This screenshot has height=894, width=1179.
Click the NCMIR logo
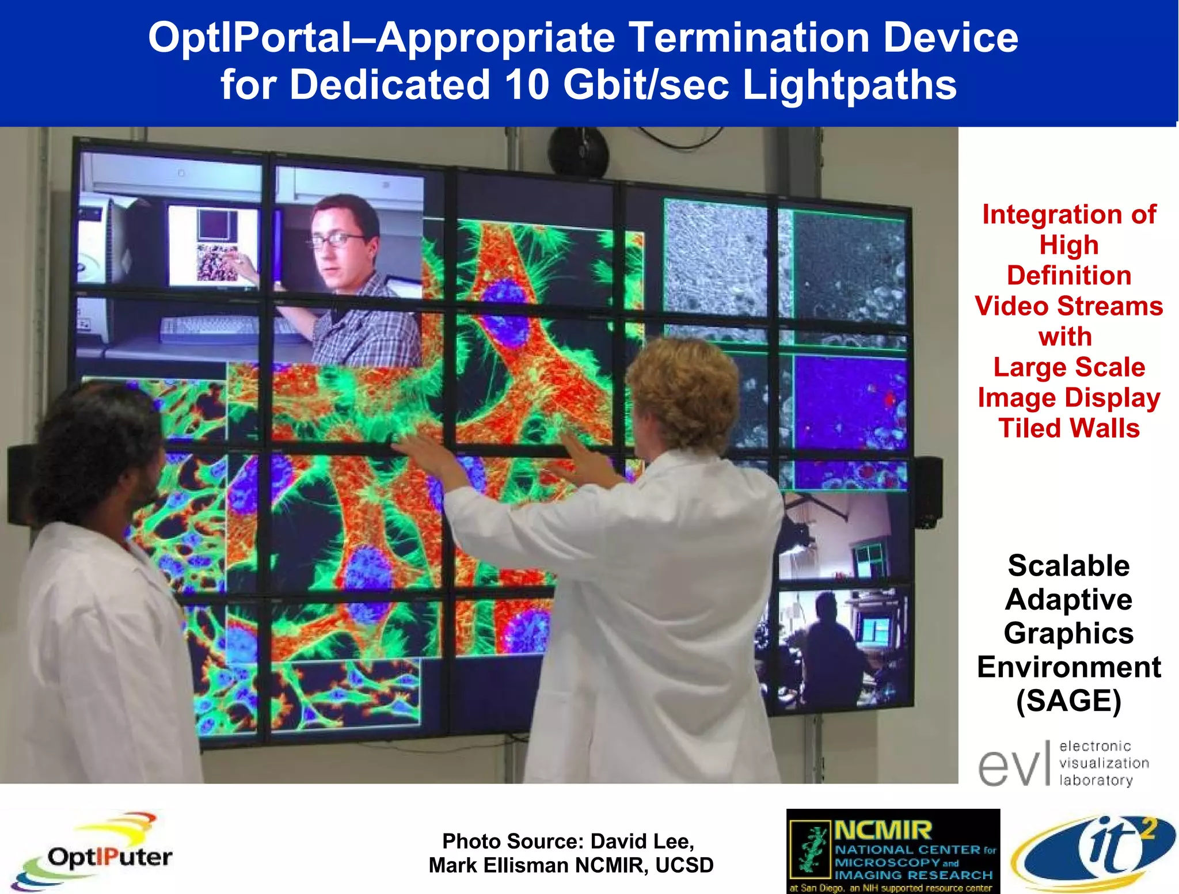[x=892, y=851]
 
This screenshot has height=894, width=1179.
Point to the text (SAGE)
[x=1068, y=701]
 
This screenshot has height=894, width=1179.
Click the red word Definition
[x=1068, y=275]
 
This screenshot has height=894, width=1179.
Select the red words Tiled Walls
[x=1068, y=428]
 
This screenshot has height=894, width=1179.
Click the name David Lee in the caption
[x=641, y=842]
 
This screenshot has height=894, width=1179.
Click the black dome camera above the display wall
[x=577, y=151]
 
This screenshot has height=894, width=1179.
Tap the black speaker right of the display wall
[x=927, y=492]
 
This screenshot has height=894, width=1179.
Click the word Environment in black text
[x=1068, y=667]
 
